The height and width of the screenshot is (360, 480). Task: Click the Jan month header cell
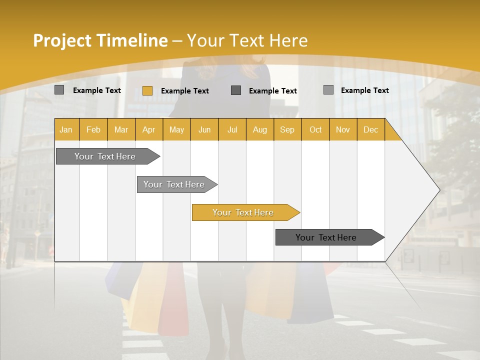(66, 129)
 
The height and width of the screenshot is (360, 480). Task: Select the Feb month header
(93, 129)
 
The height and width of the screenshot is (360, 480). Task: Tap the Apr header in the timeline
(149, 129)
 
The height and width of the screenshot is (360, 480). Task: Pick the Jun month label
(204, 129)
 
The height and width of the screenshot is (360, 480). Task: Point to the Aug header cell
(260, 129)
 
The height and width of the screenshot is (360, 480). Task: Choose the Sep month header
(287, 129)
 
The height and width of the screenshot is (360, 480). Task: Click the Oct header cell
(315, 129)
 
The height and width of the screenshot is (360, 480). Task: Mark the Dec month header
(371, 129)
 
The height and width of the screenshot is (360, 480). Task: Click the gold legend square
(147, 90)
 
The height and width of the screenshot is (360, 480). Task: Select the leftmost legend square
(59, 90)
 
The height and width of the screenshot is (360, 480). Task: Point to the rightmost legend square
(328, 90)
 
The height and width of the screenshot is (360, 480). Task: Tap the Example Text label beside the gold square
(185, 91)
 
